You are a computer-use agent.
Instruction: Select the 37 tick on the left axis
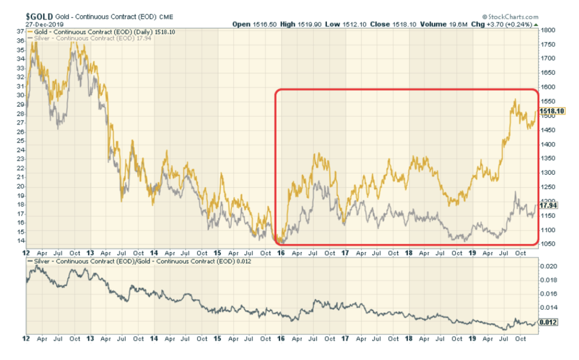coord(21,31)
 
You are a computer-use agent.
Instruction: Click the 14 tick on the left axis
coord(21,240)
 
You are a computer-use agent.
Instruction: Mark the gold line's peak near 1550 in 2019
coord(515,100)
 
